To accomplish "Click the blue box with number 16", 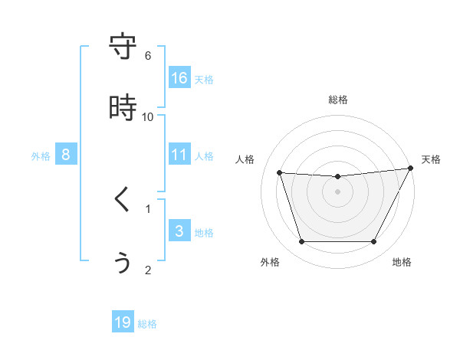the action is pos(179,78).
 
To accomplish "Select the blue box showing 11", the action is pos(179,155).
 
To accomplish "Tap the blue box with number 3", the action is pos(179,231).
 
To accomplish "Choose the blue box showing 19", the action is pos(123,322).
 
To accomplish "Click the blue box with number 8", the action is pos(66,155).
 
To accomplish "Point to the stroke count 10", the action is pos(148,116).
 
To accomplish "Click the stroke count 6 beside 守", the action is pos(148,55).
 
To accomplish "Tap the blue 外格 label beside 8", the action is pos(41,156).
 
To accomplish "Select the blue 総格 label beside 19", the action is pos(147,324).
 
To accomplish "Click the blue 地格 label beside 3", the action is pos(204,233).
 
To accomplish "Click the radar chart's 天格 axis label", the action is pos(431,159).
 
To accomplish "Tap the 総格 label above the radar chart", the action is pos(338,100).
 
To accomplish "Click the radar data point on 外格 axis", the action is pos(301,242).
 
